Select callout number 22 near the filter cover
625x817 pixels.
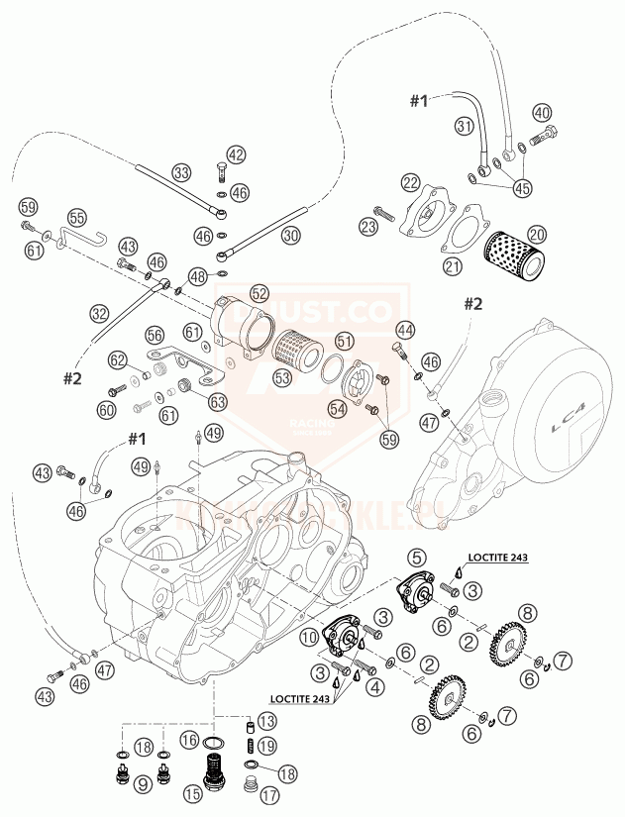(x=410, y=182)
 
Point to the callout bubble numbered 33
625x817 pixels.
(x=181, y=172)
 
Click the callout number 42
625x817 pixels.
(x=236, y=154)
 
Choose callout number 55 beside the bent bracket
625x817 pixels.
(x=77, y=217)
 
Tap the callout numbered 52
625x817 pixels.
(x=260, y=293)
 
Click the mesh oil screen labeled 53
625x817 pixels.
(x=296, y=347)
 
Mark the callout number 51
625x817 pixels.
(x=345, y=340)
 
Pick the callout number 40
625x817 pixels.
(x=542, y=112)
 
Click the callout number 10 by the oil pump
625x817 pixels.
(x=310, y=636)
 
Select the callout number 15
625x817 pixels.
(x=193, y=793)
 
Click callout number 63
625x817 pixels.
(x=216, y=401)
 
